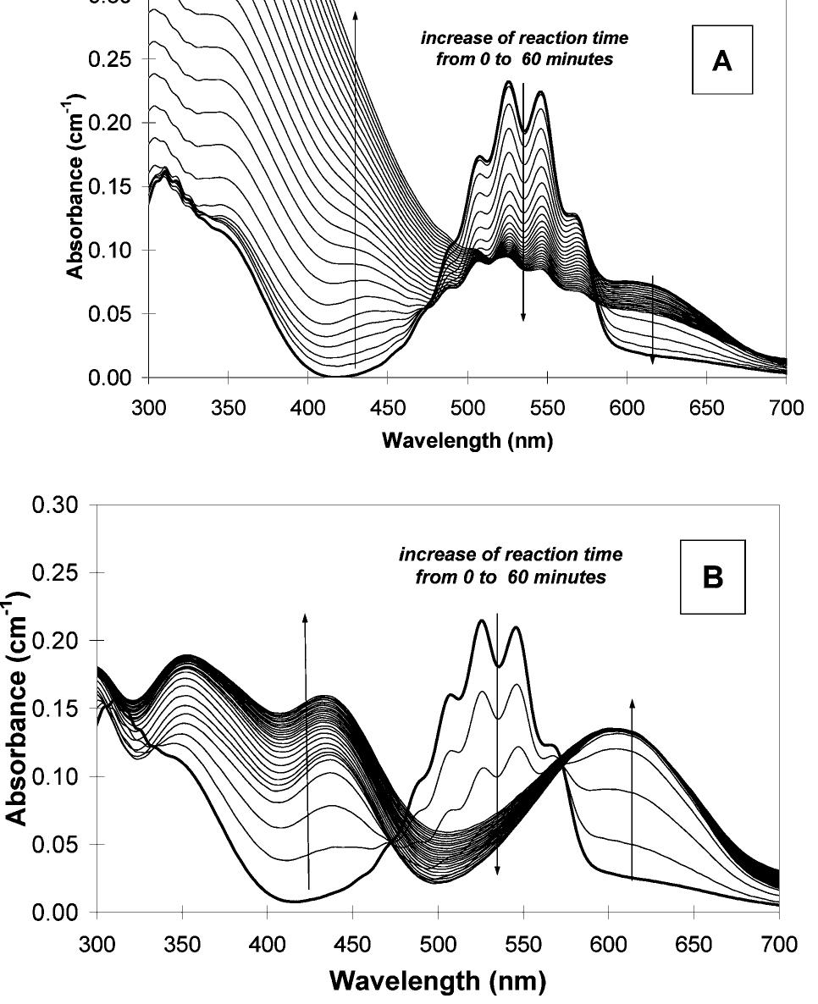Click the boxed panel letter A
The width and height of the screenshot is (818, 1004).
tap(721, 63)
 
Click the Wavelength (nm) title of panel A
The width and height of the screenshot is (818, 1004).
tap(467, 440)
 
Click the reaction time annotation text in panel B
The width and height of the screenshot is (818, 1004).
tap(510, 564)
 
